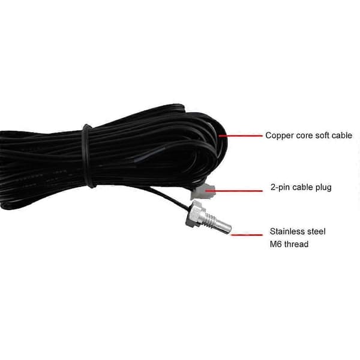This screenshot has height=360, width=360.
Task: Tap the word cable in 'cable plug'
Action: [302, 187]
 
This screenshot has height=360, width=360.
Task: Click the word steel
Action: [316, 231]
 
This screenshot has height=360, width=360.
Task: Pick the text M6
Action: [275, 244]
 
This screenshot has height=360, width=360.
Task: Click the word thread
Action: [296, 244]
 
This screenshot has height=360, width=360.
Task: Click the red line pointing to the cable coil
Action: [241, 136]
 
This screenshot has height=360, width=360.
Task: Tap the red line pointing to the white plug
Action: [234, 191]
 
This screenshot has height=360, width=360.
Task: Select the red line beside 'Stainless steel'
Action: [247, 235]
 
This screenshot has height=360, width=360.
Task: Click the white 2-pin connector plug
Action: [203, 192]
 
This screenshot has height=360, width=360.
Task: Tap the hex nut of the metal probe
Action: [194, 214]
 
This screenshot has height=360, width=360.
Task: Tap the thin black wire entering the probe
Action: [170, 197]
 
